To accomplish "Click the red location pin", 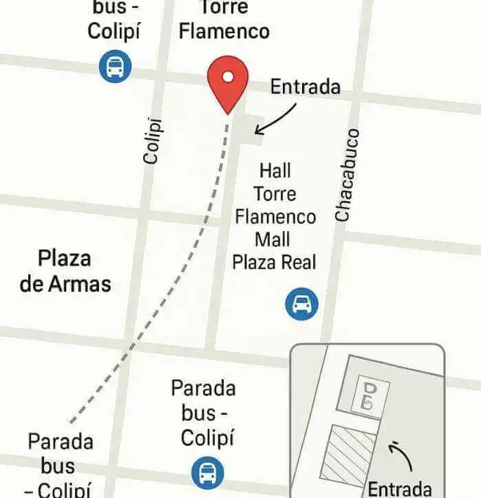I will click(x=227, y=81).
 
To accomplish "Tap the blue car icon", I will click(x=301, y=303).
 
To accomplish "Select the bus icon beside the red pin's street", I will click(x=115, y=67).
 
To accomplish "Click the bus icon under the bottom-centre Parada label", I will click(x=207, y=473).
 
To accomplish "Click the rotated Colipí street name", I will click(x=153, y=141).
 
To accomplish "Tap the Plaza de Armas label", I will click(x=65, y=271).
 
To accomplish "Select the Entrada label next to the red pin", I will click(x=305, y=87).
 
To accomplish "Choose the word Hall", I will click(x=275, y=170).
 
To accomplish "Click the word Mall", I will click(x=272, y=239).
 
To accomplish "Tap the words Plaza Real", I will click(x=274, y=262).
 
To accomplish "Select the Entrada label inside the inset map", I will click(x=400, y=488).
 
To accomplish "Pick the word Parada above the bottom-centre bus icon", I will click(x=203, y=388).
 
